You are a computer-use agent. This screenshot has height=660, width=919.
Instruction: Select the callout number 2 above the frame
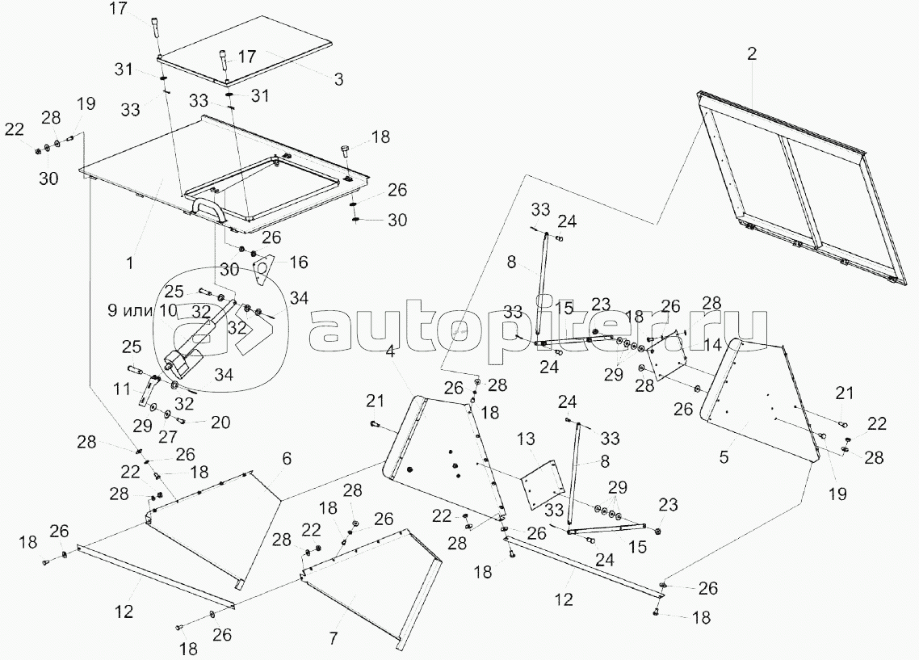click(751, 55)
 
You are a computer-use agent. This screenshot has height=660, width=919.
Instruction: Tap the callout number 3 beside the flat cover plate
click(338, 79)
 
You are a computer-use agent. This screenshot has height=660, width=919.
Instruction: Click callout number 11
click(122, 389)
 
